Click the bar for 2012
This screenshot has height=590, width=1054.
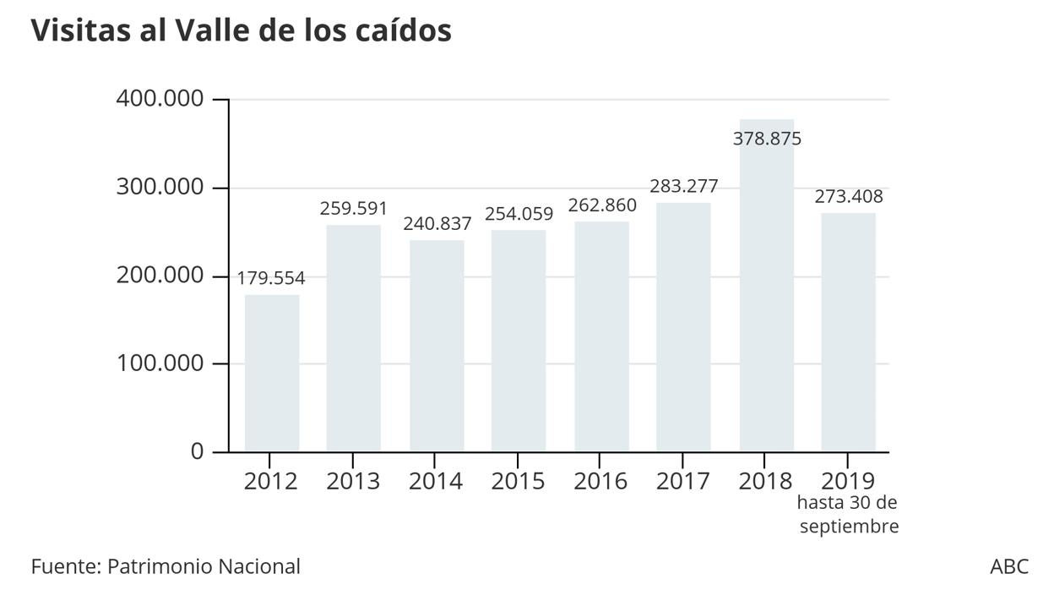(x=272, y=373)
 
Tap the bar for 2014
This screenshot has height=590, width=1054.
(x=437, y=346)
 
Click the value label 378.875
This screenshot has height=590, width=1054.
(x=767, y=139)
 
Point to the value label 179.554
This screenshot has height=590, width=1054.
(x=271, y=278)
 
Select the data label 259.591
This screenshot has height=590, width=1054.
(x=353, y=208)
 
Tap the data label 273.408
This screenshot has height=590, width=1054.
(x=849, y=197)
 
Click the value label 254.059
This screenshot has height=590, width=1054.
(x=519, y=214)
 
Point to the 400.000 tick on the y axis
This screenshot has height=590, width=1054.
(x=160, y=99)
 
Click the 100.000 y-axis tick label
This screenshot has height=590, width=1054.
(x=160, y=363)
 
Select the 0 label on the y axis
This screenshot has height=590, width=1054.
(x=197, y=451)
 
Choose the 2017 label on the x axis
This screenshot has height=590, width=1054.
(x=683, y=481)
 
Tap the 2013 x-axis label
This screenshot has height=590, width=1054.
(x=353, y=481)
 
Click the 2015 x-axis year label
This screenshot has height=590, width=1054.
(x=519, y=481)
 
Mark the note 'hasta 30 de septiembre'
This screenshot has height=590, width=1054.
(x=848, y=514)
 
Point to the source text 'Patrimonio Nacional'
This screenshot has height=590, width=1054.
(x=204, y=566)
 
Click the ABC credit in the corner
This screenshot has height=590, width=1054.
(x=1009, y=566)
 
